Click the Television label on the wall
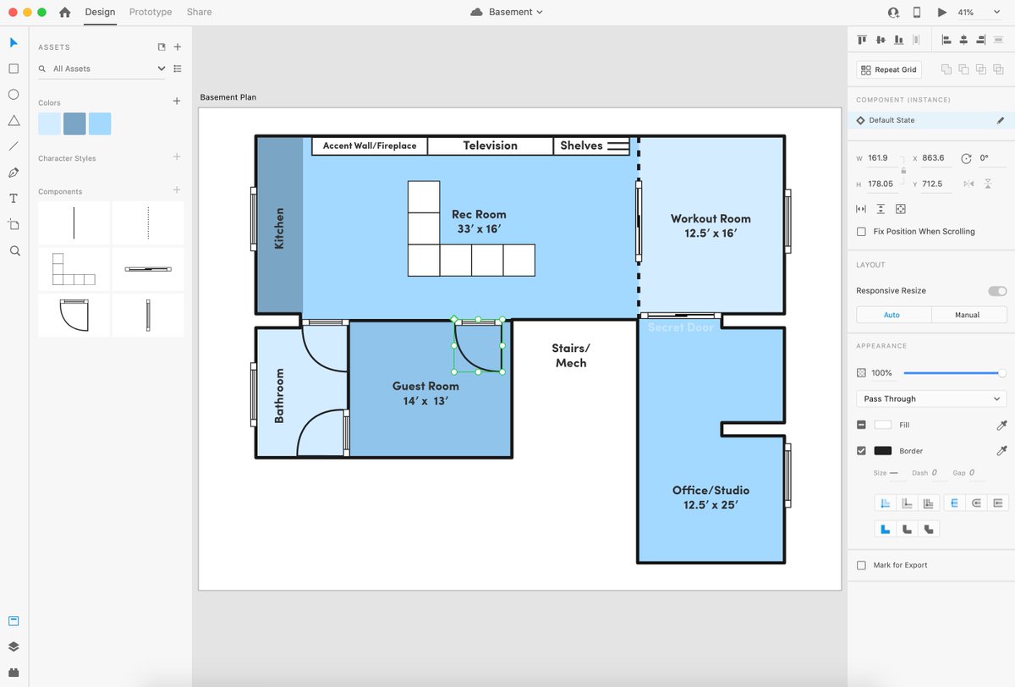point(490,146)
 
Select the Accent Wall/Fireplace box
point(370,146)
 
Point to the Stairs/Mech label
point(571,355)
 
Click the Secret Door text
point(680,327)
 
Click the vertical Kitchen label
point(279,228)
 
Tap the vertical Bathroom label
point(279,396)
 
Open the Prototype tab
point(151,12)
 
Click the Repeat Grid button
point(889,69)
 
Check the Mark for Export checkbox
point(861,565)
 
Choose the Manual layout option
point(967,315)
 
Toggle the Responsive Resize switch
point(997,291)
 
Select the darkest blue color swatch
point(74,124)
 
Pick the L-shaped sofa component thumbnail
point(74,269)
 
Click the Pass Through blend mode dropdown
point(931,398)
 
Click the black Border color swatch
point(882,450)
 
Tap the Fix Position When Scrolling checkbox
point(861,232)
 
